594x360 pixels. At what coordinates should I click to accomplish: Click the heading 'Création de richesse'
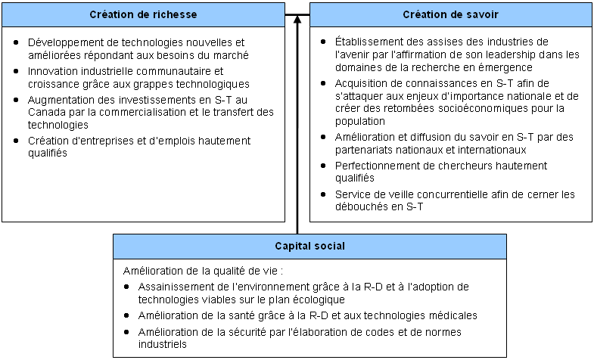143,14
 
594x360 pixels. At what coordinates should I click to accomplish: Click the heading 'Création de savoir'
450,14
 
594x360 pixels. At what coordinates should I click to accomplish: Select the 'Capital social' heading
309,246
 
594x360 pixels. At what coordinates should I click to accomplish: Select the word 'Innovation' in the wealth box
52,71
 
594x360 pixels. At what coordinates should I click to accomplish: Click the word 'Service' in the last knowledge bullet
353,194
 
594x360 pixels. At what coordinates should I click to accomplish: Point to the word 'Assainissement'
175,287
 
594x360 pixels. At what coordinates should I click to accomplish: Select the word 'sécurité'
238,332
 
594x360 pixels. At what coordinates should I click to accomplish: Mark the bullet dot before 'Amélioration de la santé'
128,315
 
